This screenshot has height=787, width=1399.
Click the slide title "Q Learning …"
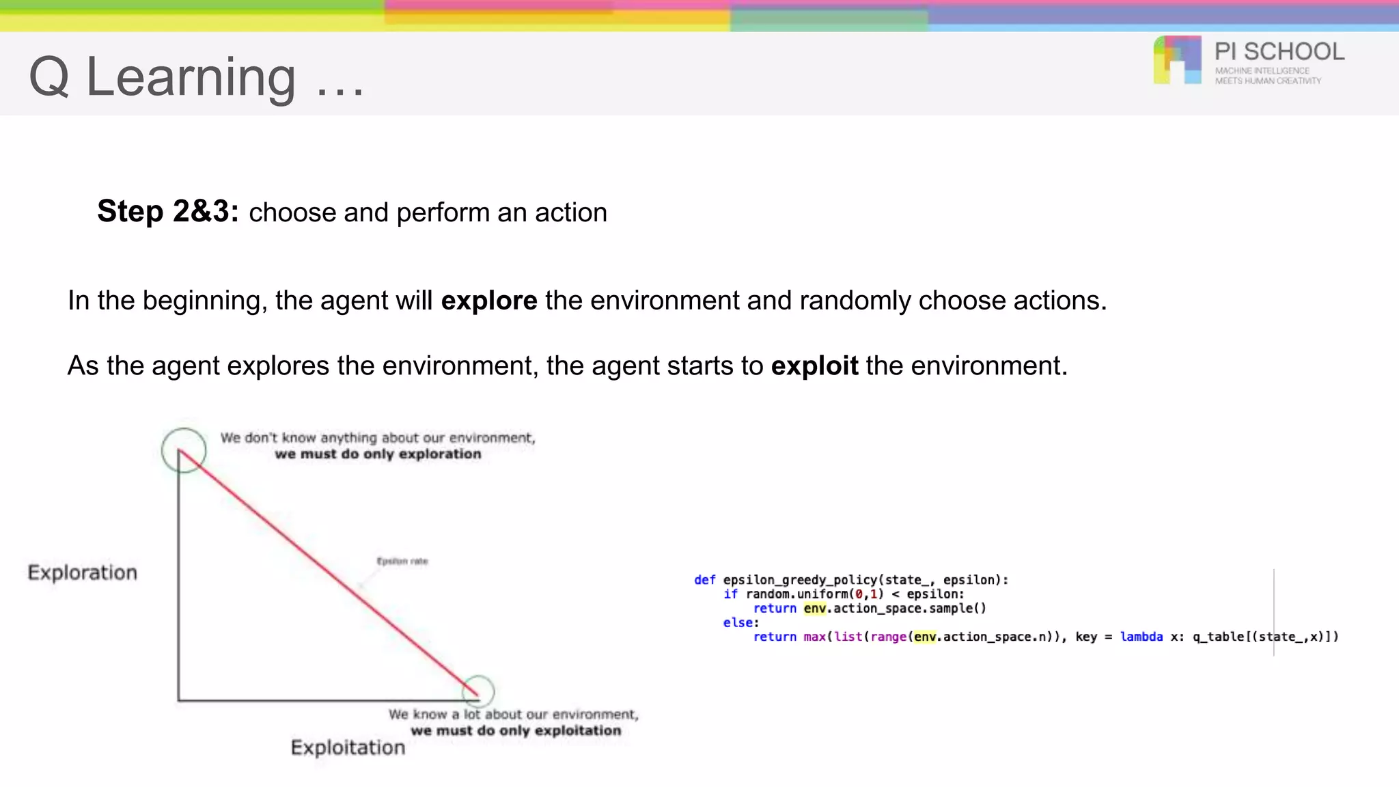tap(196, 78)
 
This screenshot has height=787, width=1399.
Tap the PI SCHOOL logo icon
tap(1177, 60)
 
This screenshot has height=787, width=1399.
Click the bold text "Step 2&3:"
tap(167, 211)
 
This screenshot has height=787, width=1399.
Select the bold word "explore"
tap(489, 301)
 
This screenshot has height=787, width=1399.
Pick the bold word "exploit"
tap(814, 366)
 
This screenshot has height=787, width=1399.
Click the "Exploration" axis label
tap(82, 572)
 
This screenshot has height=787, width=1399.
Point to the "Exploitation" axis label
tap(348, 747)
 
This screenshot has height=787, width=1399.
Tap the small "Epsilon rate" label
tap(402, 562)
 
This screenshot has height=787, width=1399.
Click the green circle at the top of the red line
tap(184, 450)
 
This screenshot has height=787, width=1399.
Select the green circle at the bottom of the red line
tap(478, 691)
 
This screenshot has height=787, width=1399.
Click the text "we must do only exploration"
tap(378, 454)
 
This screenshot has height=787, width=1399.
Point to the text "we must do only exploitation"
tap(516, 731)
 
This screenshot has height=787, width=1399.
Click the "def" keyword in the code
tap(704, 580)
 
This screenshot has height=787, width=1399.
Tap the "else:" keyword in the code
tap(741, 622)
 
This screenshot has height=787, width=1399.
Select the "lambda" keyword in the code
tap(1141, 637)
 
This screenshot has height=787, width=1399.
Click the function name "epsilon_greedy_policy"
tap(800, 580)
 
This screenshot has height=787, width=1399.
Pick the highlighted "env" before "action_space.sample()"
tap(814, 608)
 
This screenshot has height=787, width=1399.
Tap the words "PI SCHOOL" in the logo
tap(1279, 52)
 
